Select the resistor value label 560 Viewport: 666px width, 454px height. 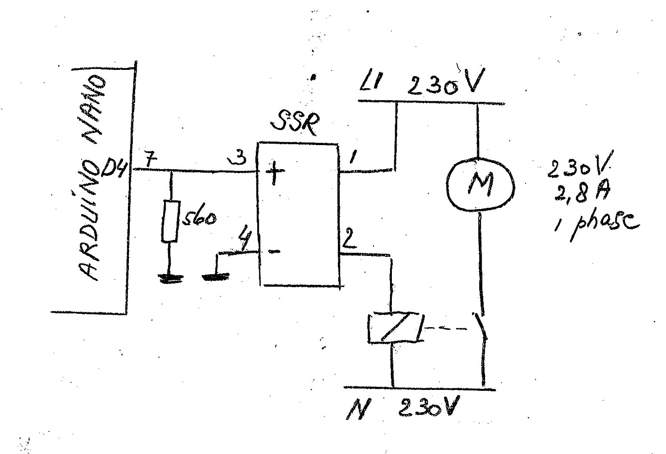198,219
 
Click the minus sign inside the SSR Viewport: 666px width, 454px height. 273,252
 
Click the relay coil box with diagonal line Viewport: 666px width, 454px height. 395,328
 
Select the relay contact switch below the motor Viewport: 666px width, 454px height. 480,328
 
